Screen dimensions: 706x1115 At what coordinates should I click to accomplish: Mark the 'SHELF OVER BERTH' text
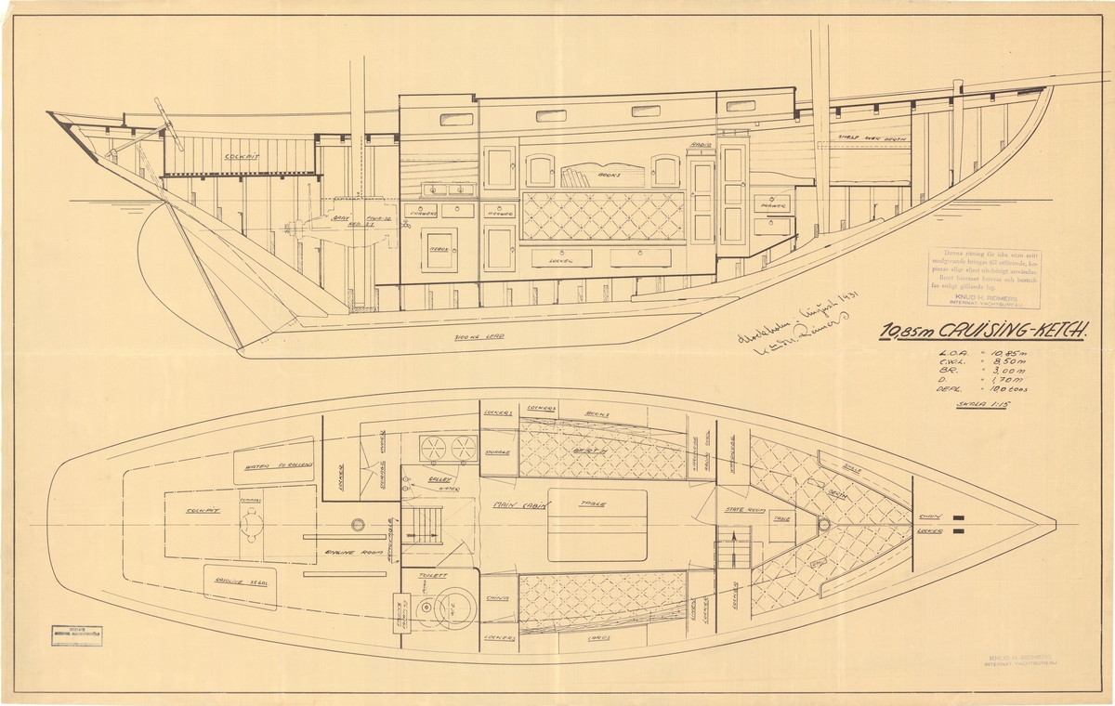tap(871, 140)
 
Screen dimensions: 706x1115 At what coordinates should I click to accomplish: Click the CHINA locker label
tap(498, 598)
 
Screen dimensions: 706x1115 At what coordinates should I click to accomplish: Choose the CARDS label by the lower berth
tap(598, 639)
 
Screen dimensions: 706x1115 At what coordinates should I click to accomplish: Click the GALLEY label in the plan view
tap(439, 479)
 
